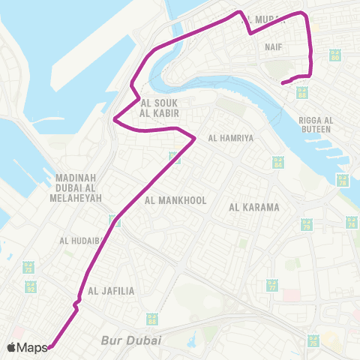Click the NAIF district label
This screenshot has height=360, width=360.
coord(273,46)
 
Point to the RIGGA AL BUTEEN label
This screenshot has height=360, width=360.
coord(316,124)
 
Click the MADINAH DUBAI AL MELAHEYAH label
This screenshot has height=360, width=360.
coord(76,187)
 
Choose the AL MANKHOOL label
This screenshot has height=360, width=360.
coord(169,200)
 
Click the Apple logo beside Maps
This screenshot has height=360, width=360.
coord(13,347)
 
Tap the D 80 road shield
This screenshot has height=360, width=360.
coord(335,55)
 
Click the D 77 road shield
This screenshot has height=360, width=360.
coord(272,286)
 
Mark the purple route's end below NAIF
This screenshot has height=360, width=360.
coord(283,82)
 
